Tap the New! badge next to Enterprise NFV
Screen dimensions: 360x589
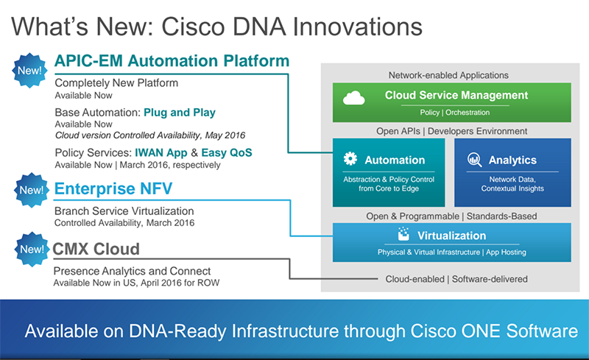30,191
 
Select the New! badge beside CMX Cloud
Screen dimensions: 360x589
30,250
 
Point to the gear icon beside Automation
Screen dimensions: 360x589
350,159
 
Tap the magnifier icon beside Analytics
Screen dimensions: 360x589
474,159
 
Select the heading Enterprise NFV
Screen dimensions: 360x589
113,190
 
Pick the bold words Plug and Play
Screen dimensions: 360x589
180,113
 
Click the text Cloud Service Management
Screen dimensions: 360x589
456,95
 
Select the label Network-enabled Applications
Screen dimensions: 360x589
448,75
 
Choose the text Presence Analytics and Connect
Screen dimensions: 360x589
133,272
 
